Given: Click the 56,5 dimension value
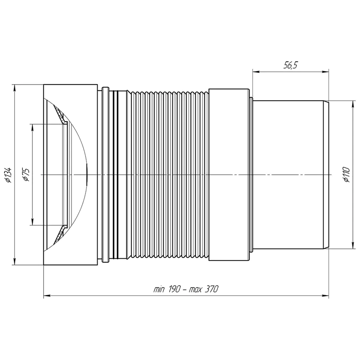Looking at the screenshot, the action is (290, 65).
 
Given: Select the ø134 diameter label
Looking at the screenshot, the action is (8, 175).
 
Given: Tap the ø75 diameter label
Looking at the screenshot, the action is (26, 175).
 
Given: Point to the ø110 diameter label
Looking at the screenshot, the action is (346, 175).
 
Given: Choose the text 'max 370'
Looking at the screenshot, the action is (203, 289).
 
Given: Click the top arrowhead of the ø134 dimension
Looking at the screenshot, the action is (14, 88).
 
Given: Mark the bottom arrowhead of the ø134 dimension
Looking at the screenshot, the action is (14, 262).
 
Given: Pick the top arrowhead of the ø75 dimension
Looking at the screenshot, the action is (32, 128).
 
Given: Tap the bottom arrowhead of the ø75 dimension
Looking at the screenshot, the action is (32, 222).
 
